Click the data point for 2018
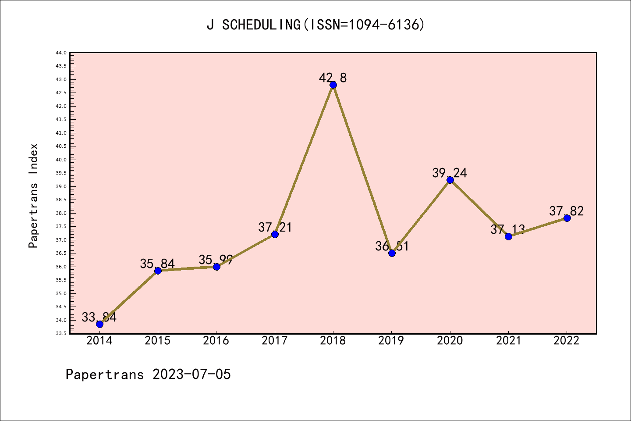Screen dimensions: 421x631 (x=333, y=85)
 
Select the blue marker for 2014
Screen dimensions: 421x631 (x=99, y=324)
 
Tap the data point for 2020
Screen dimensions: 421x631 (x=450, y=180)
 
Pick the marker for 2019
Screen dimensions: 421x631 (x=392, y=253)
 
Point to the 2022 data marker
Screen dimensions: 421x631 (x=567, y=218)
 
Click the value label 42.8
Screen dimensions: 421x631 (x=333, y=78)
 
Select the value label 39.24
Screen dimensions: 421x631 (x=450, y=173)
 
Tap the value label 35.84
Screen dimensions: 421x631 (x=157, y=264)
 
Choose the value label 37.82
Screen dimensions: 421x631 (x=567, y=211)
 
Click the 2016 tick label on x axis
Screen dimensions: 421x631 (x=216, y=340)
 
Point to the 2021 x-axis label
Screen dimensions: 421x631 (x=508, y=340)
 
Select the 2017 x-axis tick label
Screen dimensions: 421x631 (x=275, y=340)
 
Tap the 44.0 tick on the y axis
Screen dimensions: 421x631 (x=61, y=53)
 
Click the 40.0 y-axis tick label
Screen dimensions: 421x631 (x=61, y=160)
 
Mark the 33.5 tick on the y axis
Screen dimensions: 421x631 (x=61, y=333)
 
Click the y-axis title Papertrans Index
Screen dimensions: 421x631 (x=33, y=196)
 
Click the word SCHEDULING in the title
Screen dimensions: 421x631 (x=261, y=25)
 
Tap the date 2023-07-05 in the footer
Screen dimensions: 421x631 (x=191, y=374)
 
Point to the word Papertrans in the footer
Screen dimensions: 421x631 (x=105, y=374)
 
